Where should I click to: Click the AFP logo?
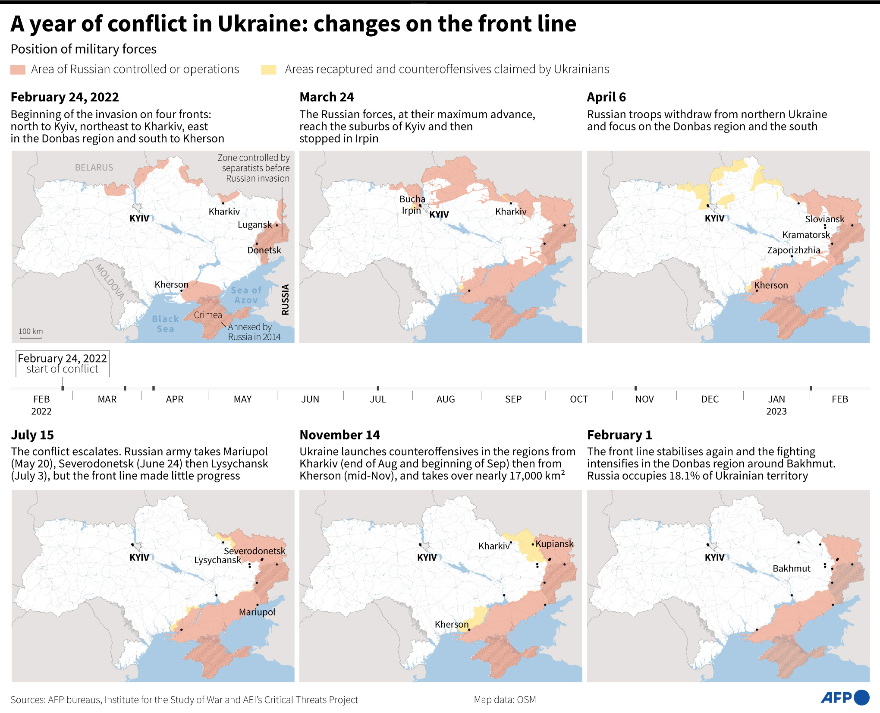coord(844,697)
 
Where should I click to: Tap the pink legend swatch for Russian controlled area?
coord(18,69)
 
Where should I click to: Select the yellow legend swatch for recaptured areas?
coord(268,69)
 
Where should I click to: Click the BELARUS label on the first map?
coord(94,167)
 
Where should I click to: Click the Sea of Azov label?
coord(246,295)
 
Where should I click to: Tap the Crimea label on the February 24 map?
coord(207,315)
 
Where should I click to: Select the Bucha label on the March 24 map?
coord(412,199)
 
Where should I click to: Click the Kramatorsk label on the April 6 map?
coord(806,235)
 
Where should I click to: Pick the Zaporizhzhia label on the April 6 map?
coord(793,250)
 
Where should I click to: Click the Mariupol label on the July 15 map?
coord(257,612)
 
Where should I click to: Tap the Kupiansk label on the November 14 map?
coord(554,544)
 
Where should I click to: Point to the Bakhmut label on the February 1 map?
coord(791,568)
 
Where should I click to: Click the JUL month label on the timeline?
coord(378,399)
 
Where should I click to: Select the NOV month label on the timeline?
coord(644,399)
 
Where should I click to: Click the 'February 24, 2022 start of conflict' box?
coord(63,363)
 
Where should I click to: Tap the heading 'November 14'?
coord(339,435)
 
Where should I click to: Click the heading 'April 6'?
coord(606,97)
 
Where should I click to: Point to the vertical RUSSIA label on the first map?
coord(285,300)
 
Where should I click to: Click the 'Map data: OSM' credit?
coord(505,700)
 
